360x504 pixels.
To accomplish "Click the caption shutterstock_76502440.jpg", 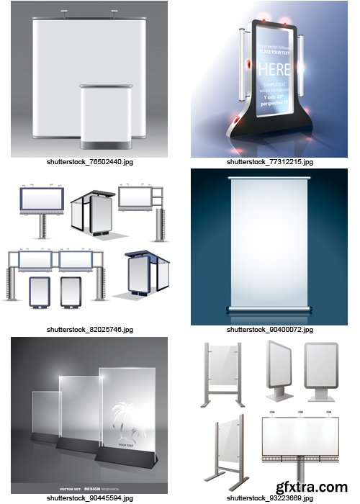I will click(x=89, y=162).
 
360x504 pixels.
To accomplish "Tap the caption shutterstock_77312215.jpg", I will click(x=270, y=162).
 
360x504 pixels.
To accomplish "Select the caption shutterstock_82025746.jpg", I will click(x=89, y=329).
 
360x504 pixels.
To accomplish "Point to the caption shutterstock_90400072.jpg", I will click(x=270, y=329).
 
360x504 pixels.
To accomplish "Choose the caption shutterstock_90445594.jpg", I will click(x=89, y=498).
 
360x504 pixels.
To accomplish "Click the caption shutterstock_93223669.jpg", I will click(x=270, y=498).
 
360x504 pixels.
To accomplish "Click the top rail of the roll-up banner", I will click(x=269, y=178).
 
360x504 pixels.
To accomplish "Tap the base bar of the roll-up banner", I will click(x=269, y=309).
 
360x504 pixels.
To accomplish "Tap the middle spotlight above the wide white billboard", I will click(x=299, y=414).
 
